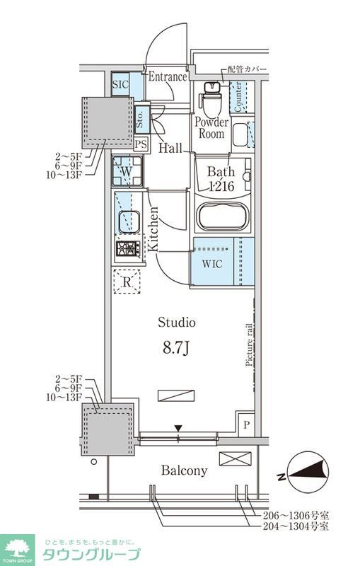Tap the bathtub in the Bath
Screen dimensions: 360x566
223,216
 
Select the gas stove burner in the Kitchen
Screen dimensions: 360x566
128,248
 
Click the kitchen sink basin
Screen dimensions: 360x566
129,221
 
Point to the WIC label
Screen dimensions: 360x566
212,263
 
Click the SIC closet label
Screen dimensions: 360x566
120,84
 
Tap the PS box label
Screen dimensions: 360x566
141,144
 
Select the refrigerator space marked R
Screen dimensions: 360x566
127,282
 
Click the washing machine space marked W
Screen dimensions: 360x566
127,171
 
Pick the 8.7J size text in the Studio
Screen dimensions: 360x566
176,348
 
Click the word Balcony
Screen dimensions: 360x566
184,470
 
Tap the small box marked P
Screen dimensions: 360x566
246,424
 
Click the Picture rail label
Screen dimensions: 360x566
249,345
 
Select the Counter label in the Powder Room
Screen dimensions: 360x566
238,97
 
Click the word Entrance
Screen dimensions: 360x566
168,76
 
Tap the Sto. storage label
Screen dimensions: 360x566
140,119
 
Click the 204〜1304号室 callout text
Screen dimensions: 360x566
296,526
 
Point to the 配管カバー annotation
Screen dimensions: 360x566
247,69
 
